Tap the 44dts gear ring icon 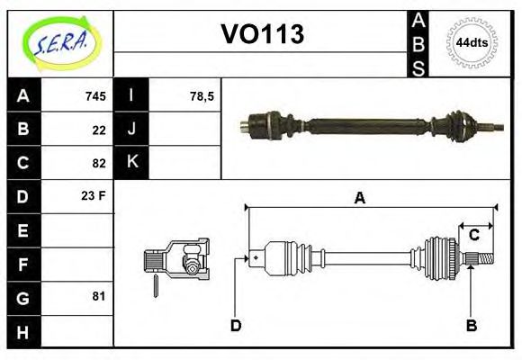click(x=472, y=42)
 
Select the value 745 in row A click(x=95, y=96)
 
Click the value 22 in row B click(x=99, y=130)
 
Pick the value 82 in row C click(x=99, y=163)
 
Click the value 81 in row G click(x=99, y=296)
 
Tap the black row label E click(x=23, y=230)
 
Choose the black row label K click(x=132, y=163)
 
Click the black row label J click(x=132, y=130)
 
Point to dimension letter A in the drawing click(x=359, y=199)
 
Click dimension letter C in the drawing click(x=473, y=236)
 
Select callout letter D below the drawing click(x=236, y=325)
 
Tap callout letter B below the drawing click(x=470, y=325)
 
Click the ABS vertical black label click(x=418, y=42)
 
